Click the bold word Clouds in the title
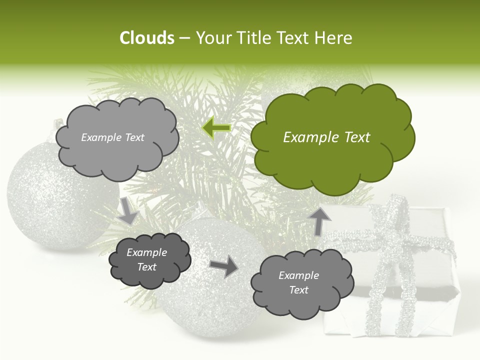(x=146, y=38)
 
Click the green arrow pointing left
(x=216, y=128)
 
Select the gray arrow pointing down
(x=128, y=210)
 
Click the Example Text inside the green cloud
(x=326, y=137)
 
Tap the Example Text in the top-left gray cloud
(x=112, y=137)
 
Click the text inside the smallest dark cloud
(x=146, y=260)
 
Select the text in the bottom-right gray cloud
(x=298, y=282)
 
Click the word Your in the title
(x=215, y=38)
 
